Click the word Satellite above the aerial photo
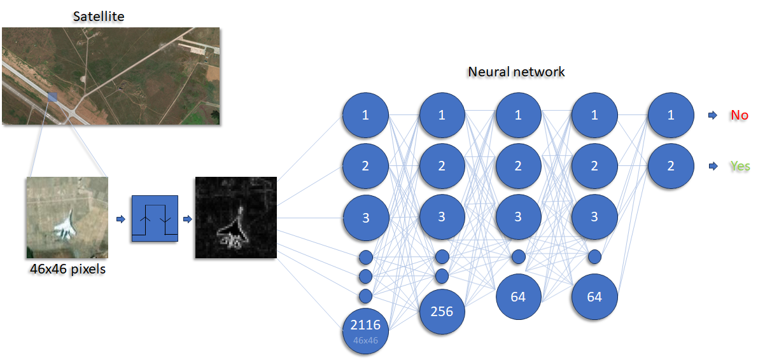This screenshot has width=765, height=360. [x=98, y=16]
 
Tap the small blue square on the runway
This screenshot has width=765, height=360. [x=52, y=97]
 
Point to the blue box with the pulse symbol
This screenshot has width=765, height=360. [x=154, y=219]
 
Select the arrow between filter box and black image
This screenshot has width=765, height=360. [x=187, y=219]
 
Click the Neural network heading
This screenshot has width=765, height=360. [x=516, y=71]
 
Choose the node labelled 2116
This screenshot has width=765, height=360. [x=365, y=328]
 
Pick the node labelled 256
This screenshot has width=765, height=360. [x=442, y=312]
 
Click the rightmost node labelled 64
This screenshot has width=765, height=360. [x=594, y=296]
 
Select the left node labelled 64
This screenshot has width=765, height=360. [x=518, y=296]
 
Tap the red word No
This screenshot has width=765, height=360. [x=739, y=116]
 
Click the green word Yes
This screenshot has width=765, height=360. [x=740, y=166]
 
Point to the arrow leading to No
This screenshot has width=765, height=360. [x=712, y=116]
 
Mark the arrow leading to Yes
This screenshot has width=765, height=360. [x=712, y=166]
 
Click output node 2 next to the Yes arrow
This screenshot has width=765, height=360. [x=671, y=166]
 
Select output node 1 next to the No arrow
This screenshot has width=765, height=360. [x=671, y=115]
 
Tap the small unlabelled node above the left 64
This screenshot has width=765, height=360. [x=518, y=257]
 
